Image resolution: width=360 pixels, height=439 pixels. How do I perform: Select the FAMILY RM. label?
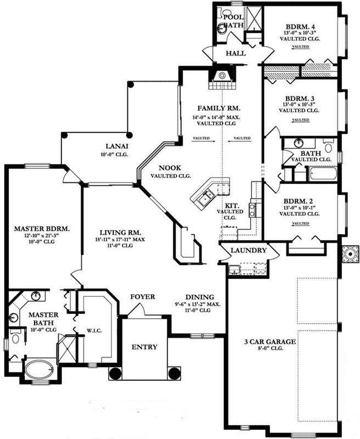coord(217,108)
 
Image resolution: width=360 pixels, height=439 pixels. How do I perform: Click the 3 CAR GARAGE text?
coord(270,342)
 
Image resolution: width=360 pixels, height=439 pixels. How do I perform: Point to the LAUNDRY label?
coord(249,250)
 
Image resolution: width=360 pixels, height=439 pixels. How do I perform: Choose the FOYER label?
coord(142,297)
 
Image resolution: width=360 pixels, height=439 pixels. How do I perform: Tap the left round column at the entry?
coord(116,374)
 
